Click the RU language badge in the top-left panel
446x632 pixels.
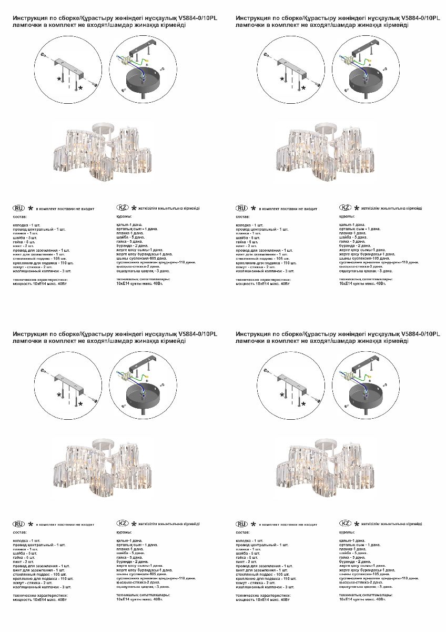[19, 208]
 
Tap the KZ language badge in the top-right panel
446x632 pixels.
[346, 208]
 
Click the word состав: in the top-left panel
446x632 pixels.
[19, 216]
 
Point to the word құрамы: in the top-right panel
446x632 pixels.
[345, 216]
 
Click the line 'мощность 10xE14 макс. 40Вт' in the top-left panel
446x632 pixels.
[40, 284]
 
